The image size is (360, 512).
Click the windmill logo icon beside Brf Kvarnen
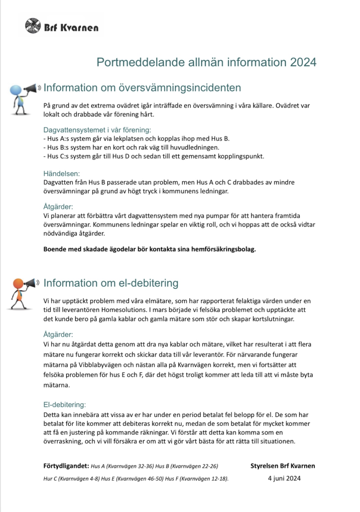tap(33, 26)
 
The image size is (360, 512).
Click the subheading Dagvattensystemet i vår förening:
tap(97, 130)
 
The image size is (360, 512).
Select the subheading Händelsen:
tap(61, 174)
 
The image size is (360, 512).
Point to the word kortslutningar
tap(273, 319)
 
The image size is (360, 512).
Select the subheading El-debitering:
tap(64, 405)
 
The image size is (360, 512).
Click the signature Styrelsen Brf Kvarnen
tap(282, 466)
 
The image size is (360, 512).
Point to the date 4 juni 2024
tap(284, 478)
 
